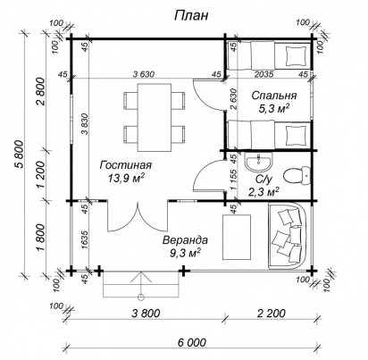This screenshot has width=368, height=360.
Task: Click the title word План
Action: [x=191, y=16]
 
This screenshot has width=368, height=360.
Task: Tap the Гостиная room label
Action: [x=126, y=165]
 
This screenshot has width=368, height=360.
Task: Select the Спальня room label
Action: [x=274, y=96]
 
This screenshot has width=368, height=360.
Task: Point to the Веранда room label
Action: [x=185, y=240]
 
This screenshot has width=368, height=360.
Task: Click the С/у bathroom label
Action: [x=263, y=180]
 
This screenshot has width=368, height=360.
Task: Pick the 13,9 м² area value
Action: [x=126, y=178]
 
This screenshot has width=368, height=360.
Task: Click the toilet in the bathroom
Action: [x=297, y=176]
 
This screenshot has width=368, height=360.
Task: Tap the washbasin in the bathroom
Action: [x=258, y=163]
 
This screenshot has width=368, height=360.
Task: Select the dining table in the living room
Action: [x=155, y=118]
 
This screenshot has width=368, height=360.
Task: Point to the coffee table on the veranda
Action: [x=237, y=237]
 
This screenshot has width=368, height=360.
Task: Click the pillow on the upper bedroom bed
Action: [x=296, y=55]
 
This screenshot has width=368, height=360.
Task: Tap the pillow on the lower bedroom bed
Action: [x=296, y=135]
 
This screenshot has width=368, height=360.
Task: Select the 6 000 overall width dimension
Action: [x=192, y=342]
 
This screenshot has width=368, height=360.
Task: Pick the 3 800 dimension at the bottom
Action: [x=146, y=314]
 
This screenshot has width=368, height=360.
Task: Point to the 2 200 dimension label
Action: [x=272, y=314]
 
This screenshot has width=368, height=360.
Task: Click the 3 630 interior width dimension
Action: [x=144, y=74]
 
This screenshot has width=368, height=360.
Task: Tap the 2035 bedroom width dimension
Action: [x=264, y=74]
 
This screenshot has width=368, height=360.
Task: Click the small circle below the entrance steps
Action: [x=141, y=297]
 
